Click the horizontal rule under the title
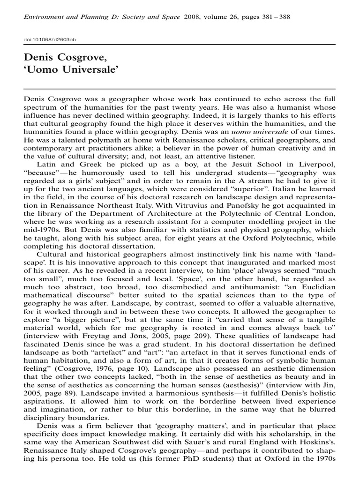point(180,89)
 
